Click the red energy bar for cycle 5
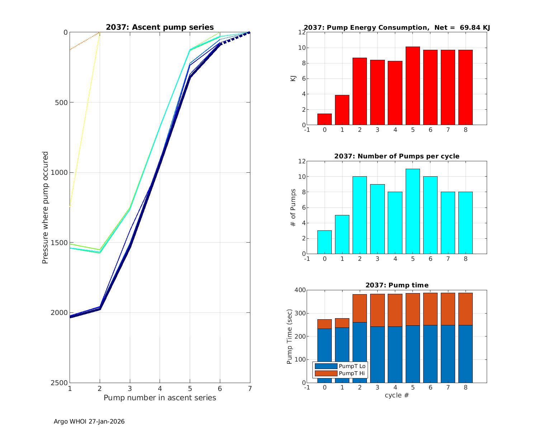point(413,86)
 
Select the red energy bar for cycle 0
point(325,119)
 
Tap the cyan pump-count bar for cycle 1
point(342,234)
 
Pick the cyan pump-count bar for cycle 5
point(413,211)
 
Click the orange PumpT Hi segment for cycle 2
point(360,308)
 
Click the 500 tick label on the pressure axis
point(61,102)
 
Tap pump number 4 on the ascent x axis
point(160,388)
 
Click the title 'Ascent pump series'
point(160,27)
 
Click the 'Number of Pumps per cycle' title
point(397,156)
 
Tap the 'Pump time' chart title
point(397,285)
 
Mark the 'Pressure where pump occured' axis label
point(46,208)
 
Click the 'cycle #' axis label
point(397,395)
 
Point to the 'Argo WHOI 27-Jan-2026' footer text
point(89,422)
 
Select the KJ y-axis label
point(293,78)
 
